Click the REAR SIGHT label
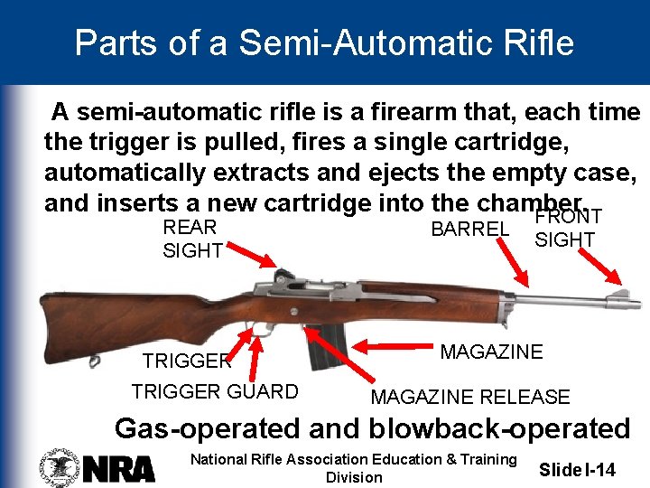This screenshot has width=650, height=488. (x=191, y=239)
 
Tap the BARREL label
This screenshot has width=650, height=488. (x=469, y=230)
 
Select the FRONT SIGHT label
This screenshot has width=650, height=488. (x=567, y=228)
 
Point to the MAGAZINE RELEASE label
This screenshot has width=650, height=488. (x=470, y=397)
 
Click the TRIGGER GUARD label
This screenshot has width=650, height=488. (x=215, y=391)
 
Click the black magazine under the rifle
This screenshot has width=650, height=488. (x=327, y=347)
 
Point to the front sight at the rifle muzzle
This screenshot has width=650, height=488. (x=622, y=296)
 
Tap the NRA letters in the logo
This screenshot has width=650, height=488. (x=119, y=468)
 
